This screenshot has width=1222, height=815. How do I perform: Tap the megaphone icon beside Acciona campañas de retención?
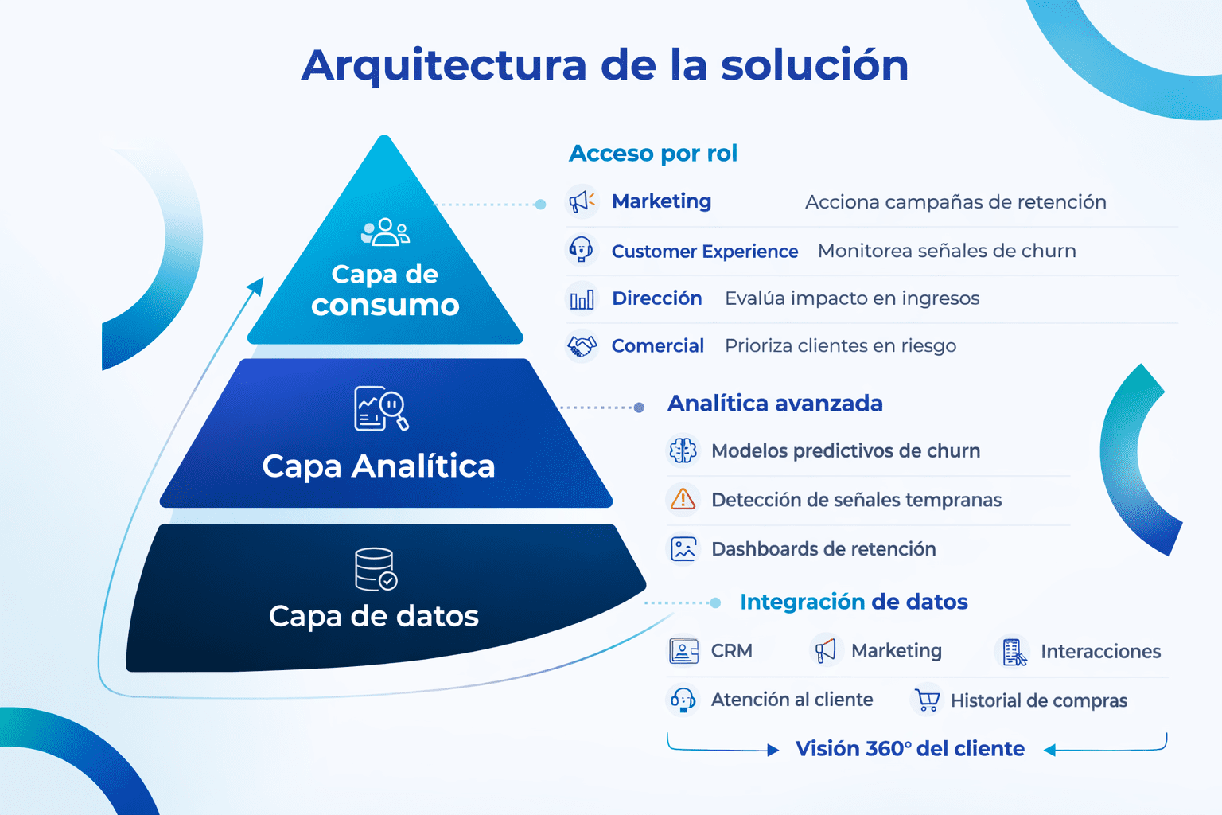click(582, 201)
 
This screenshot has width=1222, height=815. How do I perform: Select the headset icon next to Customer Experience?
click(581, 250)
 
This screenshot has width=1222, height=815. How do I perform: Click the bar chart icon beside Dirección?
click(582, 299)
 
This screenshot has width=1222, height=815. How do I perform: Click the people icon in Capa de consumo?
click(385, 232)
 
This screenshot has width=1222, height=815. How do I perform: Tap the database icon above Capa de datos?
click(376, 569)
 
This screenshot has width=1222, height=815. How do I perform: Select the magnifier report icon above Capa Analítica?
click(381, 409)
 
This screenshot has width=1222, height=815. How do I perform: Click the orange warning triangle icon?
click(683, 500)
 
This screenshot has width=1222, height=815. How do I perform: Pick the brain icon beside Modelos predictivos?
click(683, 451)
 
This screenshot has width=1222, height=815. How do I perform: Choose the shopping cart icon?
click(927, 700)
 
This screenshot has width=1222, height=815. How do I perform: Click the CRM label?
click(732, 651)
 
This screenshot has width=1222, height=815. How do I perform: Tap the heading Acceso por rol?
click(653, 154)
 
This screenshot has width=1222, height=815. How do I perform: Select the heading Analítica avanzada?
click(775, 404)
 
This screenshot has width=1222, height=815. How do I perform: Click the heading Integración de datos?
click(854, 602)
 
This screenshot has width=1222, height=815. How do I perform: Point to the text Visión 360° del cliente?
click(910, 748)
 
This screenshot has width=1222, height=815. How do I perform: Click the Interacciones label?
click(1100, 651)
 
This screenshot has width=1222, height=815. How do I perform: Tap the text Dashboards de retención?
click(823, 548)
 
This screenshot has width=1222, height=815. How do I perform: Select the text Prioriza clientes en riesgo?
click(841, 346)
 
